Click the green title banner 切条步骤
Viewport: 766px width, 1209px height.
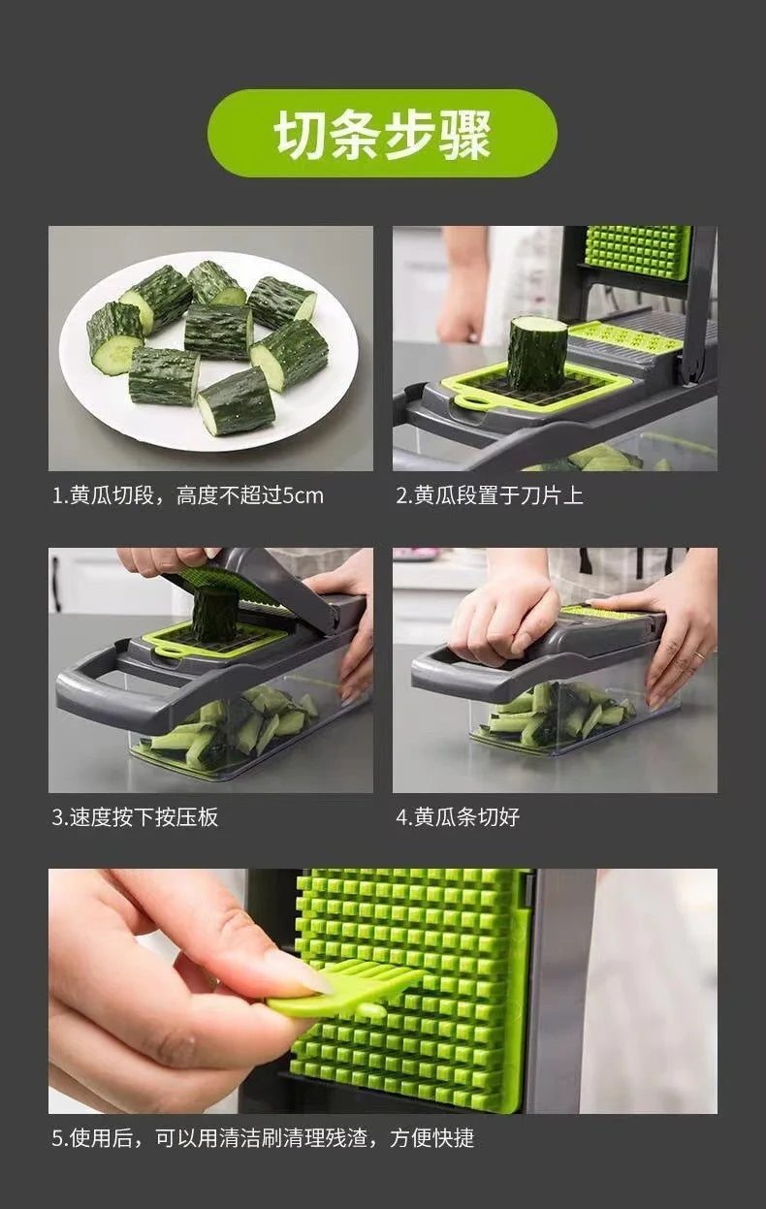(382, 134)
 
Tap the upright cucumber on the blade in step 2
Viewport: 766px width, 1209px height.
(536, 353)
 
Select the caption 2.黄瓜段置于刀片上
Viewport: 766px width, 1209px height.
(490, 495)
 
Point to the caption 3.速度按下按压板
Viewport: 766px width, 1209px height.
(135, 816)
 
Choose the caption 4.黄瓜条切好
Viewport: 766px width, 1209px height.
(458, 816)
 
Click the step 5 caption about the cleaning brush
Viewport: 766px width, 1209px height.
(263, 1137)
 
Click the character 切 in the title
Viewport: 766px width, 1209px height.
(301, 134)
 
